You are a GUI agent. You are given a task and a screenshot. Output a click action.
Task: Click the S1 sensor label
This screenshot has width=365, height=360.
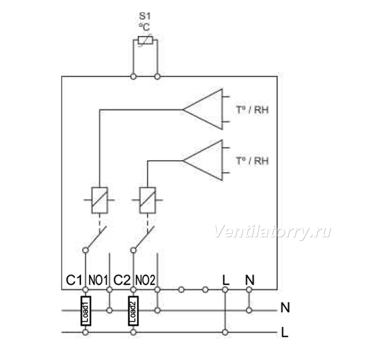(x=145, y=16)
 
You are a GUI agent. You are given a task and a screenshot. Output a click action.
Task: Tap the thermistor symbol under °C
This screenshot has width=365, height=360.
(x=145, y=41)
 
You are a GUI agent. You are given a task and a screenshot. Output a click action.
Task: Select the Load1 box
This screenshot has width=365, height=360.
(x=86, y=311)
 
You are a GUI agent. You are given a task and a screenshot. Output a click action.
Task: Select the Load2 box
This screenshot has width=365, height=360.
(x=133, y=311)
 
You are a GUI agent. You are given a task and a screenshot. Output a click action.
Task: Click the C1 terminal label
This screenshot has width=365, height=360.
(x=74, y=280)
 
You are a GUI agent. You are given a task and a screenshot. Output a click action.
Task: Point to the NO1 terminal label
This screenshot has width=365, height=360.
(x=98, y=280)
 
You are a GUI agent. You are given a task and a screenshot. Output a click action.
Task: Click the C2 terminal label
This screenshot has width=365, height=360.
(x=121, y=280)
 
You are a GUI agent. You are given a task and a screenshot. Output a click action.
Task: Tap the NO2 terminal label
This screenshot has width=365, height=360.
(x=145, y=280)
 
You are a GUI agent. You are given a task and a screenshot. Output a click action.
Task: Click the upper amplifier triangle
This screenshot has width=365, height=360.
(x=203, y=109)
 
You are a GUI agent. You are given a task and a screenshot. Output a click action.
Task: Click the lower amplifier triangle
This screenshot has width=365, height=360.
(x=203, y=161)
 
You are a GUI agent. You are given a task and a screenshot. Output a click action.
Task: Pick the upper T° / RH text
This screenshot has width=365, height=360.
(x=252, y=110)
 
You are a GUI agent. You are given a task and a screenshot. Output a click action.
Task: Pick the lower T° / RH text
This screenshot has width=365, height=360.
(x=252, y=161)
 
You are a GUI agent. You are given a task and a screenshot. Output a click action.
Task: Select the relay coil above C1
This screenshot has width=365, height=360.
(x=100, y=200)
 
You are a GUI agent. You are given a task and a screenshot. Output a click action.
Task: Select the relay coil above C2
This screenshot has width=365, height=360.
(x=148, y=200)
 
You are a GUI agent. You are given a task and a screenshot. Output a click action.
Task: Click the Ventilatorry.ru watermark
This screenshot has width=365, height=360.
(x=272, y=232)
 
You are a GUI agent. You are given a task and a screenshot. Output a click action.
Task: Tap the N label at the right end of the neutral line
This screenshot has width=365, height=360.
(x=285, y=308)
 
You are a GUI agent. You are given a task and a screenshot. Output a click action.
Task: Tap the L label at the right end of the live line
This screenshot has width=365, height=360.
(x=285, y=332)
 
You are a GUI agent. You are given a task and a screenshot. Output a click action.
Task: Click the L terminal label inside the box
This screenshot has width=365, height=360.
(x=226, y=280)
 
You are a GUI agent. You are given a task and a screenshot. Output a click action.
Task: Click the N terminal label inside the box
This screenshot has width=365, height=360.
(x=250, y=280)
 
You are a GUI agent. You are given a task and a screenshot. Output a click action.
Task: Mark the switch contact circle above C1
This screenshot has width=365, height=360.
(x=86, y=250)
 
